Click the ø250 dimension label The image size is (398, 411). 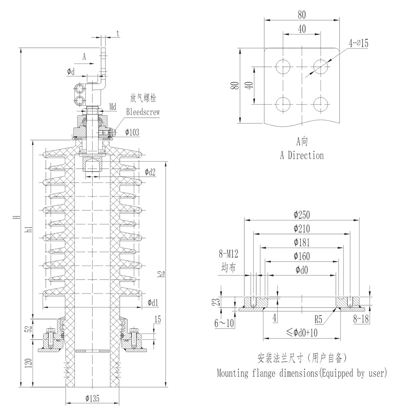pos(302,215)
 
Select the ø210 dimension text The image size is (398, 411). pos(302,229)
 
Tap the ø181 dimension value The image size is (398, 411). pos(302,242)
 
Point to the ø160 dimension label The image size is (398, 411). pos(302,256)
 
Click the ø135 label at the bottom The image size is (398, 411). pos(92,397)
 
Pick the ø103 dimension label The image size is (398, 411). pos(132,132)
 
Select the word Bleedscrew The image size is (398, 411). pos(143,112)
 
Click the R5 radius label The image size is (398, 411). pos(318,319)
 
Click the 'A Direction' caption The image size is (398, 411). pos(302,155)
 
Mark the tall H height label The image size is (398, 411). pos(16,217)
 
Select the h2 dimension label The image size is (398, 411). pos(161,274)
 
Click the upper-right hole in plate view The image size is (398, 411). pos(320,65)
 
